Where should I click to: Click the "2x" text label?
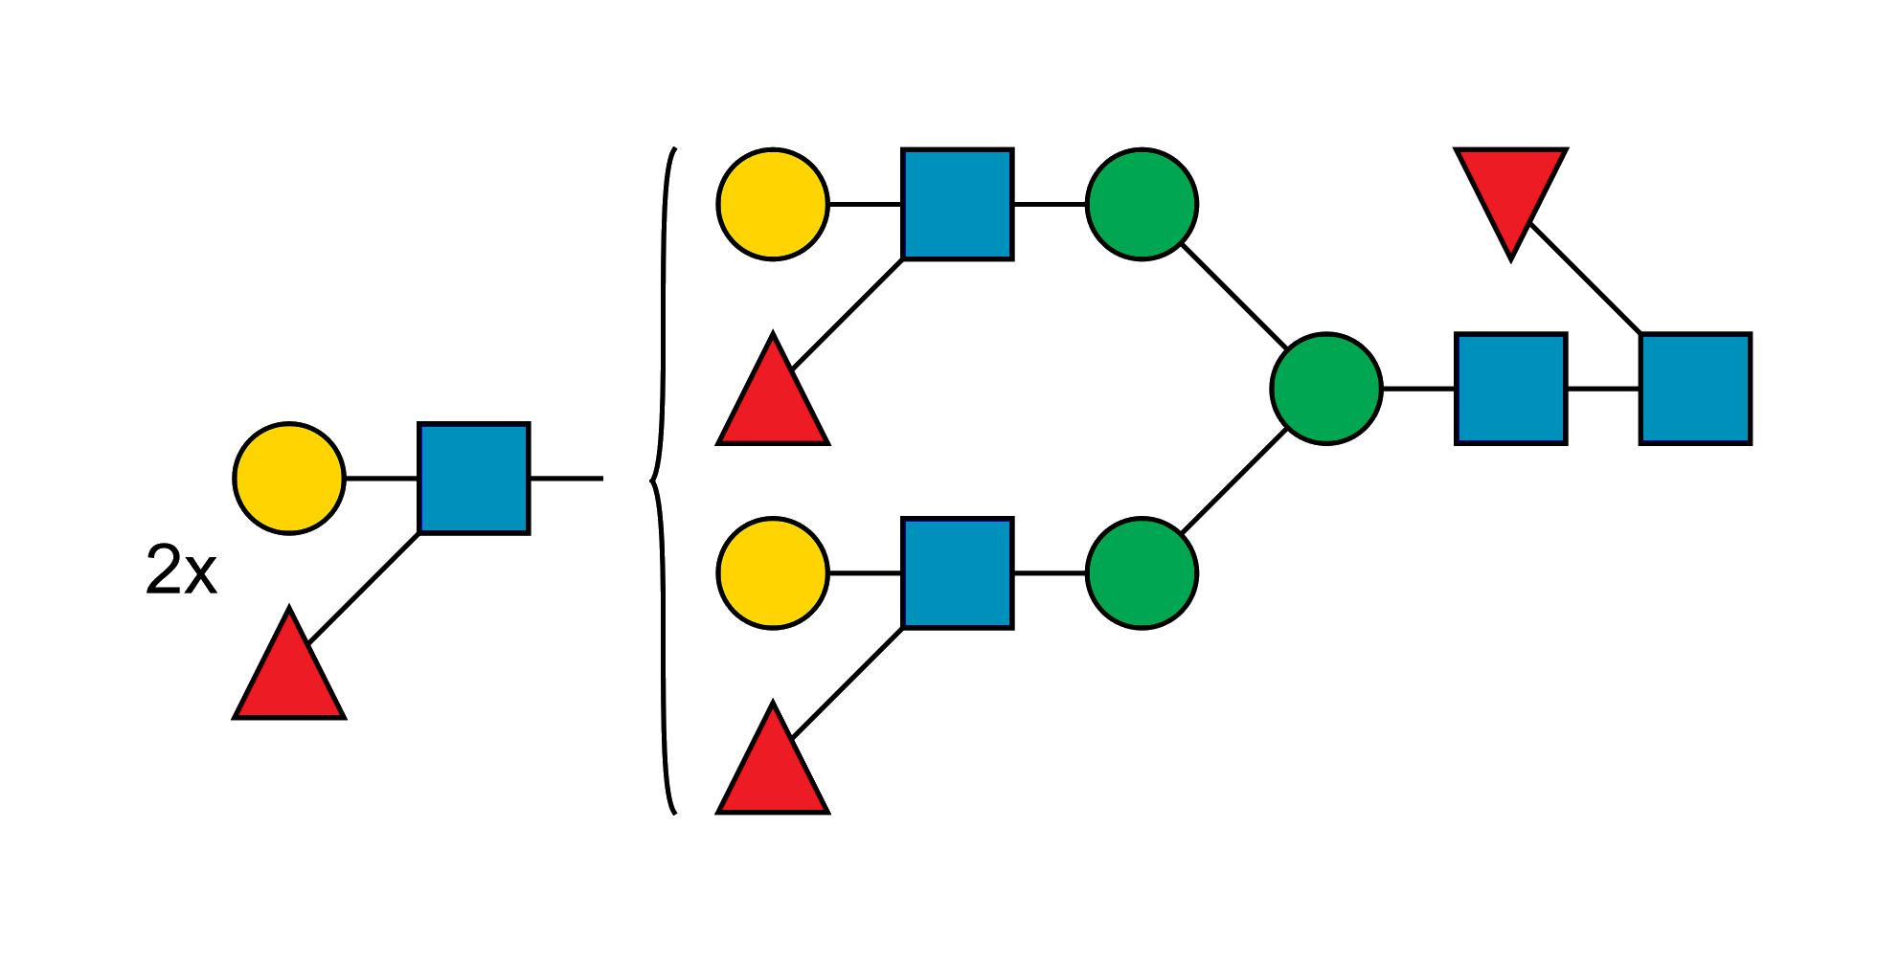pos(181,570)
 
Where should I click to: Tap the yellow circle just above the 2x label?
pos(289,478)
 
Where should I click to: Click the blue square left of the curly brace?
pos(474,478)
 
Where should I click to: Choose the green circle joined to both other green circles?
pos(1326,388)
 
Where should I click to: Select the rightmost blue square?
pos(1695,388)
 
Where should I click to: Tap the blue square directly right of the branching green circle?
pos(1510,388)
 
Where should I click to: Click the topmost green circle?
pos(1142,203)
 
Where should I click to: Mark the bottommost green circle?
pos(1142,572)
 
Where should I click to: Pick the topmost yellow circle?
pos(773,203)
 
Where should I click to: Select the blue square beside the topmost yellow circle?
pos(958,203)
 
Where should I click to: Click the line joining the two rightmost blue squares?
pos(1603,388)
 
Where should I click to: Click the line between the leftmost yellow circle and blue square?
pos(382,478)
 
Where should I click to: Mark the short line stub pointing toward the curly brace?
pos(566,478)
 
